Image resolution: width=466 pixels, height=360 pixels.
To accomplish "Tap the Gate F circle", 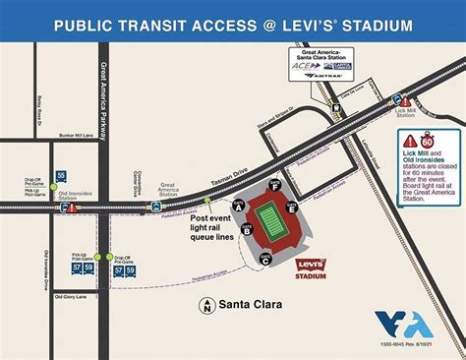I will (276, 184).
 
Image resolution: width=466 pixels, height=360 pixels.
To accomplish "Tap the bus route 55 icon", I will (61, 175).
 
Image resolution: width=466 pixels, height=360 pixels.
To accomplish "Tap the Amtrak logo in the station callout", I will (330, 75).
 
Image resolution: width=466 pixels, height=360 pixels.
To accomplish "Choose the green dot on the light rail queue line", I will (206, 200).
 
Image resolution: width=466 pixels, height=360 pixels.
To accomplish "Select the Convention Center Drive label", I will (138, 183).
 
